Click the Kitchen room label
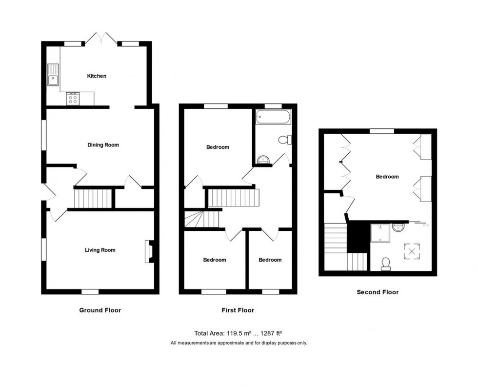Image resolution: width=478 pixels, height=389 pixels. (x=97, y=76)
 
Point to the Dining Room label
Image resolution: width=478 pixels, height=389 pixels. (x=103, y=145)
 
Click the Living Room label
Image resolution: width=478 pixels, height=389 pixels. (x=100, y=250)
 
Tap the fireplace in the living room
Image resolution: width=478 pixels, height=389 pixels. (x=148, y=251)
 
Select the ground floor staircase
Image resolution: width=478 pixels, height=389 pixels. (x=93, y=199)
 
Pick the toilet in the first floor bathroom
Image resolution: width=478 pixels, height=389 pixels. (x=284, y=140)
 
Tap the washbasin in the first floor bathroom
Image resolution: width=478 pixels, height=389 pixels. (x=262, y=159)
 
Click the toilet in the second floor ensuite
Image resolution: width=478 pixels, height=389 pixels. (x=386, y=264)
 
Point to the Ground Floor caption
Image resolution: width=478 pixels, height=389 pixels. (x=100, y=310)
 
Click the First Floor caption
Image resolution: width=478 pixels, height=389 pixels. (x=238, y=310)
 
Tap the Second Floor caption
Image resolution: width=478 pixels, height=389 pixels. (x=378, y=292)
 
